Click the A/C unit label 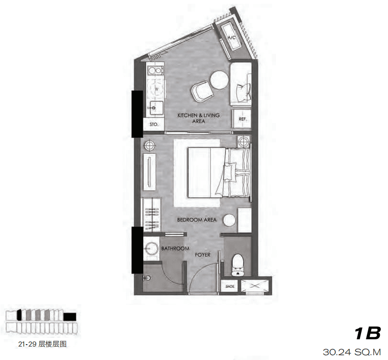(232, 38)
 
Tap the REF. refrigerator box (242, 119)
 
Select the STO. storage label (154, 124)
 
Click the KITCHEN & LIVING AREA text (199, 118)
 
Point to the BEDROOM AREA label (197, 220)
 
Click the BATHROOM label (175, 248)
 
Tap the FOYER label (203, 255)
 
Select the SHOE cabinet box (230, 286)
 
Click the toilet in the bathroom (238, 265)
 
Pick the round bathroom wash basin (151, 248)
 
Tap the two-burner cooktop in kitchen (155, 70)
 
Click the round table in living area (219, 80)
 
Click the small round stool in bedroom (230, 220)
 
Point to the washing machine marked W (156, 89)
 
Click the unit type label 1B (368, 333)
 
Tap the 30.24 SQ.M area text (351, 352)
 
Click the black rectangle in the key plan (70, 317)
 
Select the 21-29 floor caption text (42, 344)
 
